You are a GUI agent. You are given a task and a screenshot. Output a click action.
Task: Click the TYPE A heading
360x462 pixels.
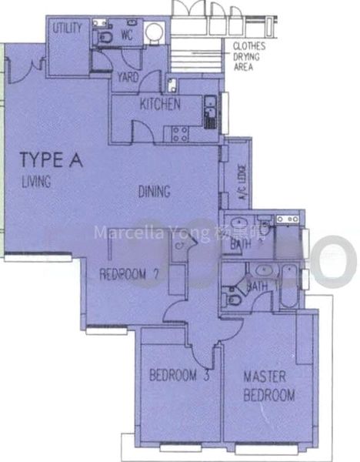(50, 160)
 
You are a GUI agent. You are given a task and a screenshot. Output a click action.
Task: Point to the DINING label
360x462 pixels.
(154, 192)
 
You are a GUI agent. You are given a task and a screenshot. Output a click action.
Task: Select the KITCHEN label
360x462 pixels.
(160, 104)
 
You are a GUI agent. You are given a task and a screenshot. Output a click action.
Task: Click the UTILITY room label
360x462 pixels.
(67, 27)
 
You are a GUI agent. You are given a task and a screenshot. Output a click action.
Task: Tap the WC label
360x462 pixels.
(128, 34)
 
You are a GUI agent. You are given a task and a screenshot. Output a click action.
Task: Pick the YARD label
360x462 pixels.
(128, 77)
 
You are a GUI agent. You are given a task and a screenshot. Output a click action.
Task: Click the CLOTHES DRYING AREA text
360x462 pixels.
(249, 55)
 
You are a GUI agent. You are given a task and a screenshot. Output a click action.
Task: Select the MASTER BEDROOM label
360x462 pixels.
(268, 387)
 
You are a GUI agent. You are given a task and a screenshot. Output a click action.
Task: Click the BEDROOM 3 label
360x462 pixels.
(179, 377)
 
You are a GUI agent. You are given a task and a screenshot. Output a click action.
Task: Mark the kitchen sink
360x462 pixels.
(209, 115)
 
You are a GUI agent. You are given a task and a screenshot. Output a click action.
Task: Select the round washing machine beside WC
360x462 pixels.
(154, 32)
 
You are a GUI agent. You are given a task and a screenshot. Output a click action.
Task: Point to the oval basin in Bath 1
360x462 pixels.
(262, 270)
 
